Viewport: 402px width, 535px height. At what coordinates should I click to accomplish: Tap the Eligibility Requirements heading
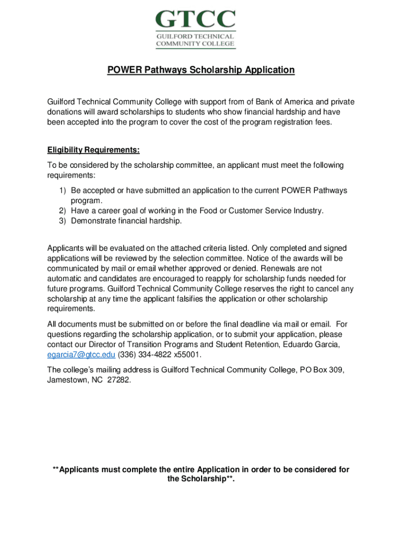pyautogui.click(x=93, y=150)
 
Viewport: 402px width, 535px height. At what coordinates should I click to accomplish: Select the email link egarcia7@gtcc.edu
pyautogui.click(x=81, y=355)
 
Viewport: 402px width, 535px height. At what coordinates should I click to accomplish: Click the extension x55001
pyautogui.click(x=187, y=355)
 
